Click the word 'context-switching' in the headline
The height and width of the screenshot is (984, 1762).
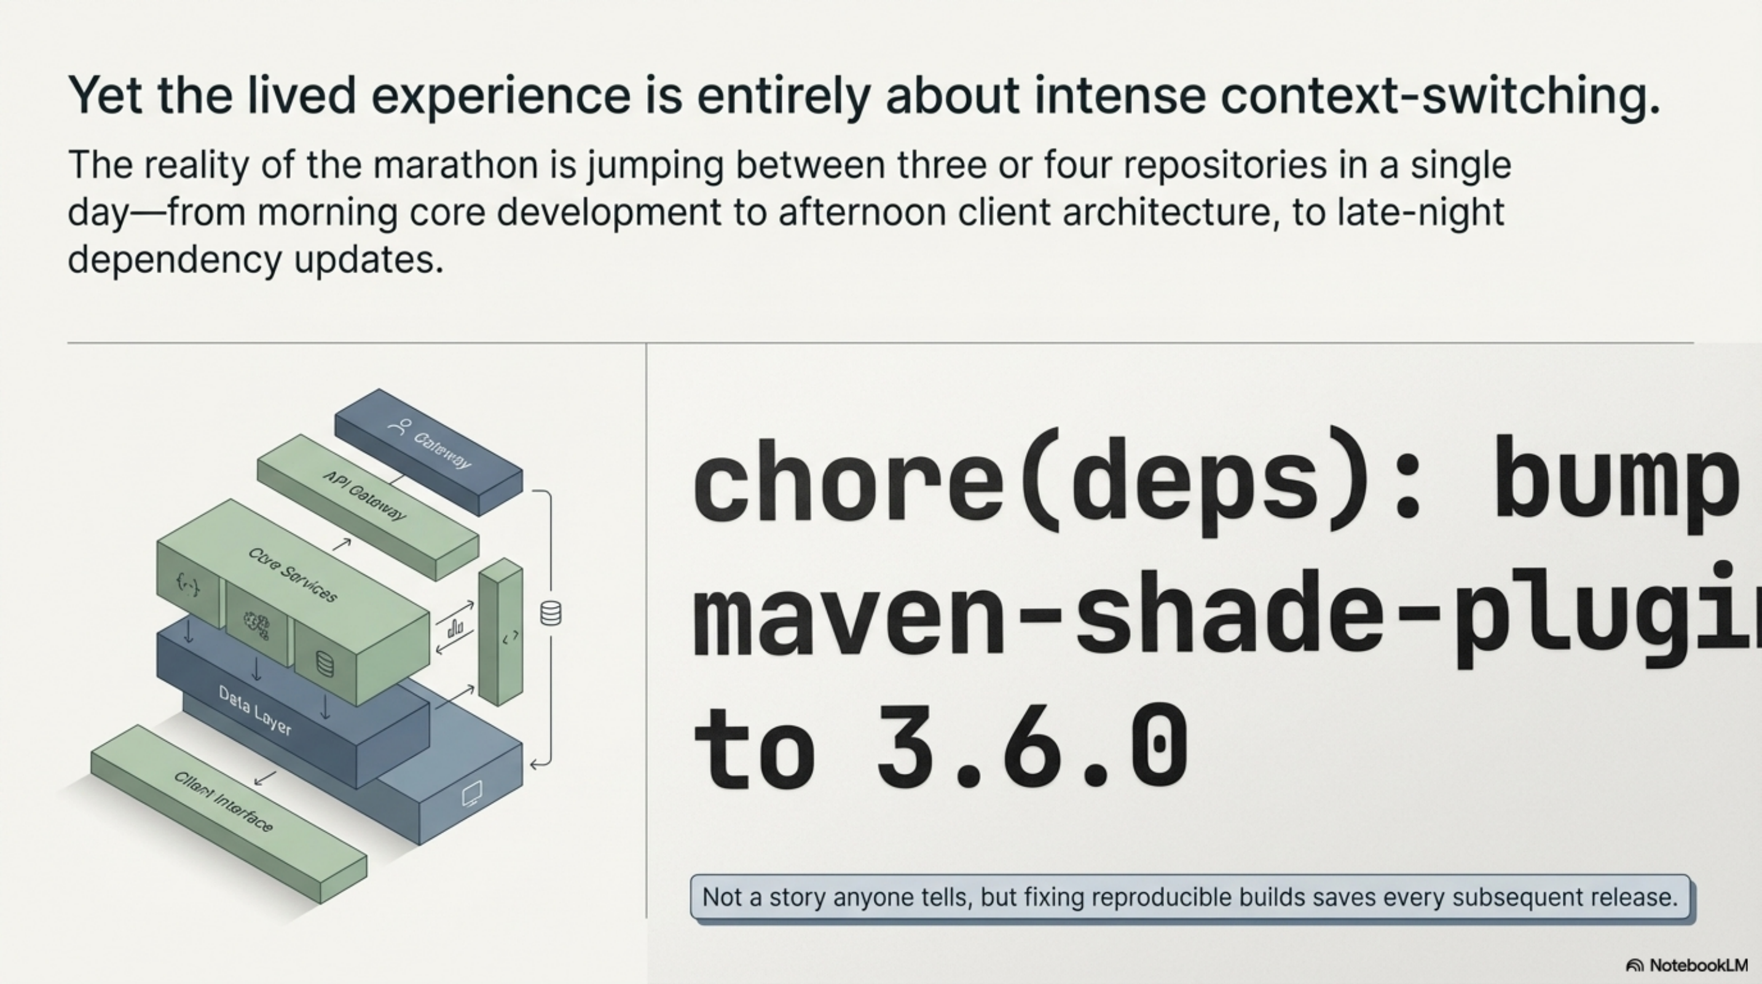click(x=1440, y=96)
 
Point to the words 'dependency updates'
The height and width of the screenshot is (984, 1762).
click(x=255, y=260)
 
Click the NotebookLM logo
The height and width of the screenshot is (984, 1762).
click(x=1687, y=966)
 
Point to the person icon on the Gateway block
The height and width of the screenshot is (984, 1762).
click(x=399, y=427)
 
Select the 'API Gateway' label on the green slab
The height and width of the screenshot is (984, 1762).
click(x=364, y=496)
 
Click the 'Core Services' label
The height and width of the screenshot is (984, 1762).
click(x=293, y=575)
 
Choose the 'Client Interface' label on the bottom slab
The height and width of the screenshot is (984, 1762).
click(x=223, y=801)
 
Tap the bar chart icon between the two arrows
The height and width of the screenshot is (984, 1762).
click(x=455, y=627)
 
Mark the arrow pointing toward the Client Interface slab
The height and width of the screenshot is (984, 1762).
click(x=265, y=777)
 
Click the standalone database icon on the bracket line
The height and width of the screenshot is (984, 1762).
click(x=551, y=613)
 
